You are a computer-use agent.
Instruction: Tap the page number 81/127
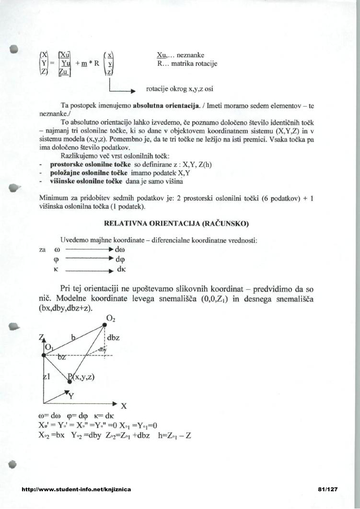click(328, 489)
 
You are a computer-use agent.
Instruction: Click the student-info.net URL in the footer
click(77, 489)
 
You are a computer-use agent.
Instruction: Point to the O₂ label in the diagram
click(111, 318)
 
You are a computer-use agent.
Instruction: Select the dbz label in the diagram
click(113, 338)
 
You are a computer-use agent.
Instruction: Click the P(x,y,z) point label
click(82, 377)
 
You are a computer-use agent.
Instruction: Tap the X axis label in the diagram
click(124, 406)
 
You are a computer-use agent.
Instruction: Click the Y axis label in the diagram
click(71, 396)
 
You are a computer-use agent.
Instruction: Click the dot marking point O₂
click(105, 326)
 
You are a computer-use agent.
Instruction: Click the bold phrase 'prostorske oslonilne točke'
click(87, 165)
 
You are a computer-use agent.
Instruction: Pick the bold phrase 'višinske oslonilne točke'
click(83, 181)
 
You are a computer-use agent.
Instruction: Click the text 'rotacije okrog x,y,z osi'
click(179, 89)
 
